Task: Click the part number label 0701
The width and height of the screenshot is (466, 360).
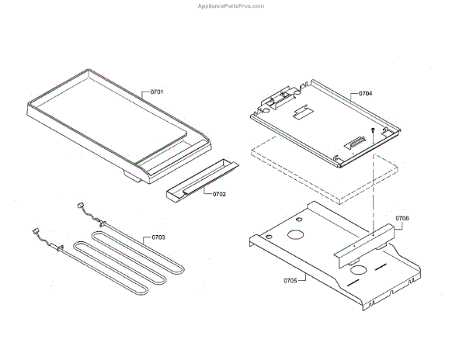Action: click(x=157, y=92)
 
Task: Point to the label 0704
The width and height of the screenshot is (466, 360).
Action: click(x=365, y=93)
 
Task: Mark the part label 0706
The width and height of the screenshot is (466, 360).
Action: click(x=402, y=220)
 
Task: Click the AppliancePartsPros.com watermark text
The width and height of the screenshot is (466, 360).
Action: click(x=232, y=5)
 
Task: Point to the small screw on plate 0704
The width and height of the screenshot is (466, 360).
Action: click(x=374, y=130)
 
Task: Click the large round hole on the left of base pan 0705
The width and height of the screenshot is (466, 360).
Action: click(x=296, y=235)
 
